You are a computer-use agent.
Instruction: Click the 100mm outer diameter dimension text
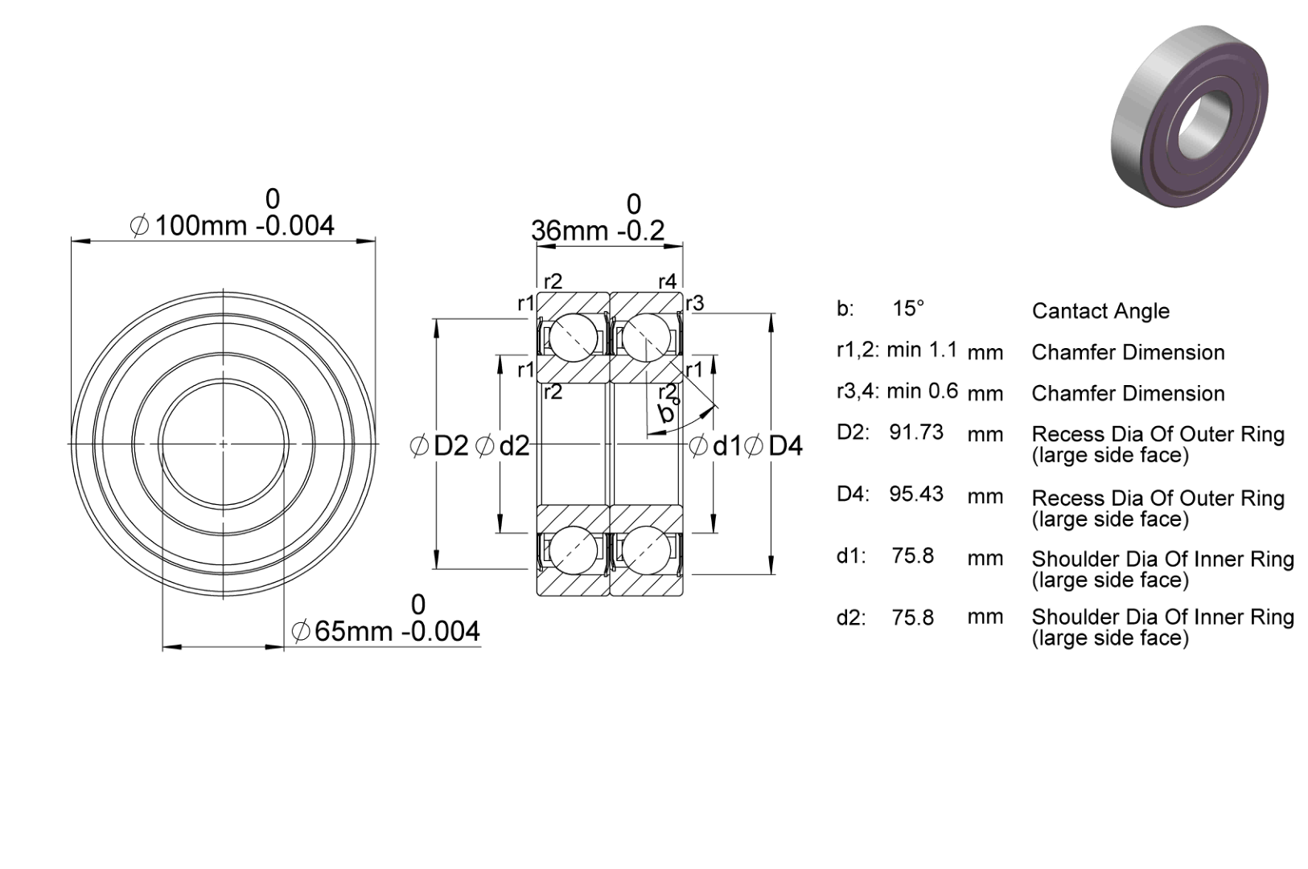(232, 226)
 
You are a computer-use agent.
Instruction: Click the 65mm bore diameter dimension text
(385, 632)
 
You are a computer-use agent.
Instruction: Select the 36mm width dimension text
(598, 231)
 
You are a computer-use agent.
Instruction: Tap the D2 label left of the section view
(439, 446)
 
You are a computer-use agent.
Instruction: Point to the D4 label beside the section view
(773, 446)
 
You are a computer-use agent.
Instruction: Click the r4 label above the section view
(668, 282)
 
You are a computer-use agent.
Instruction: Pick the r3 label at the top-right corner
(695, 304)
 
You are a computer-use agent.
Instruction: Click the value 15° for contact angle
(908, 309)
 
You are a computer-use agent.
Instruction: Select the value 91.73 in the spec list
(916, 432)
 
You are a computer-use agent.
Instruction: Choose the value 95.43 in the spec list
(916, 494)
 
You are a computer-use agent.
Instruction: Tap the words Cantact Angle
(1100, 311)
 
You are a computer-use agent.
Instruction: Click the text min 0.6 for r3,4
(923, 391)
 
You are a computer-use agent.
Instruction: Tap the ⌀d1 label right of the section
(714, 446)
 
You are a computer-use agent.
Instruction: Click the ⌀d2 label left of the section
(502, 446)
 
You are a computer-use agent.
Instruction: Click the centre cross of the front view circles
(224, 444)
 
